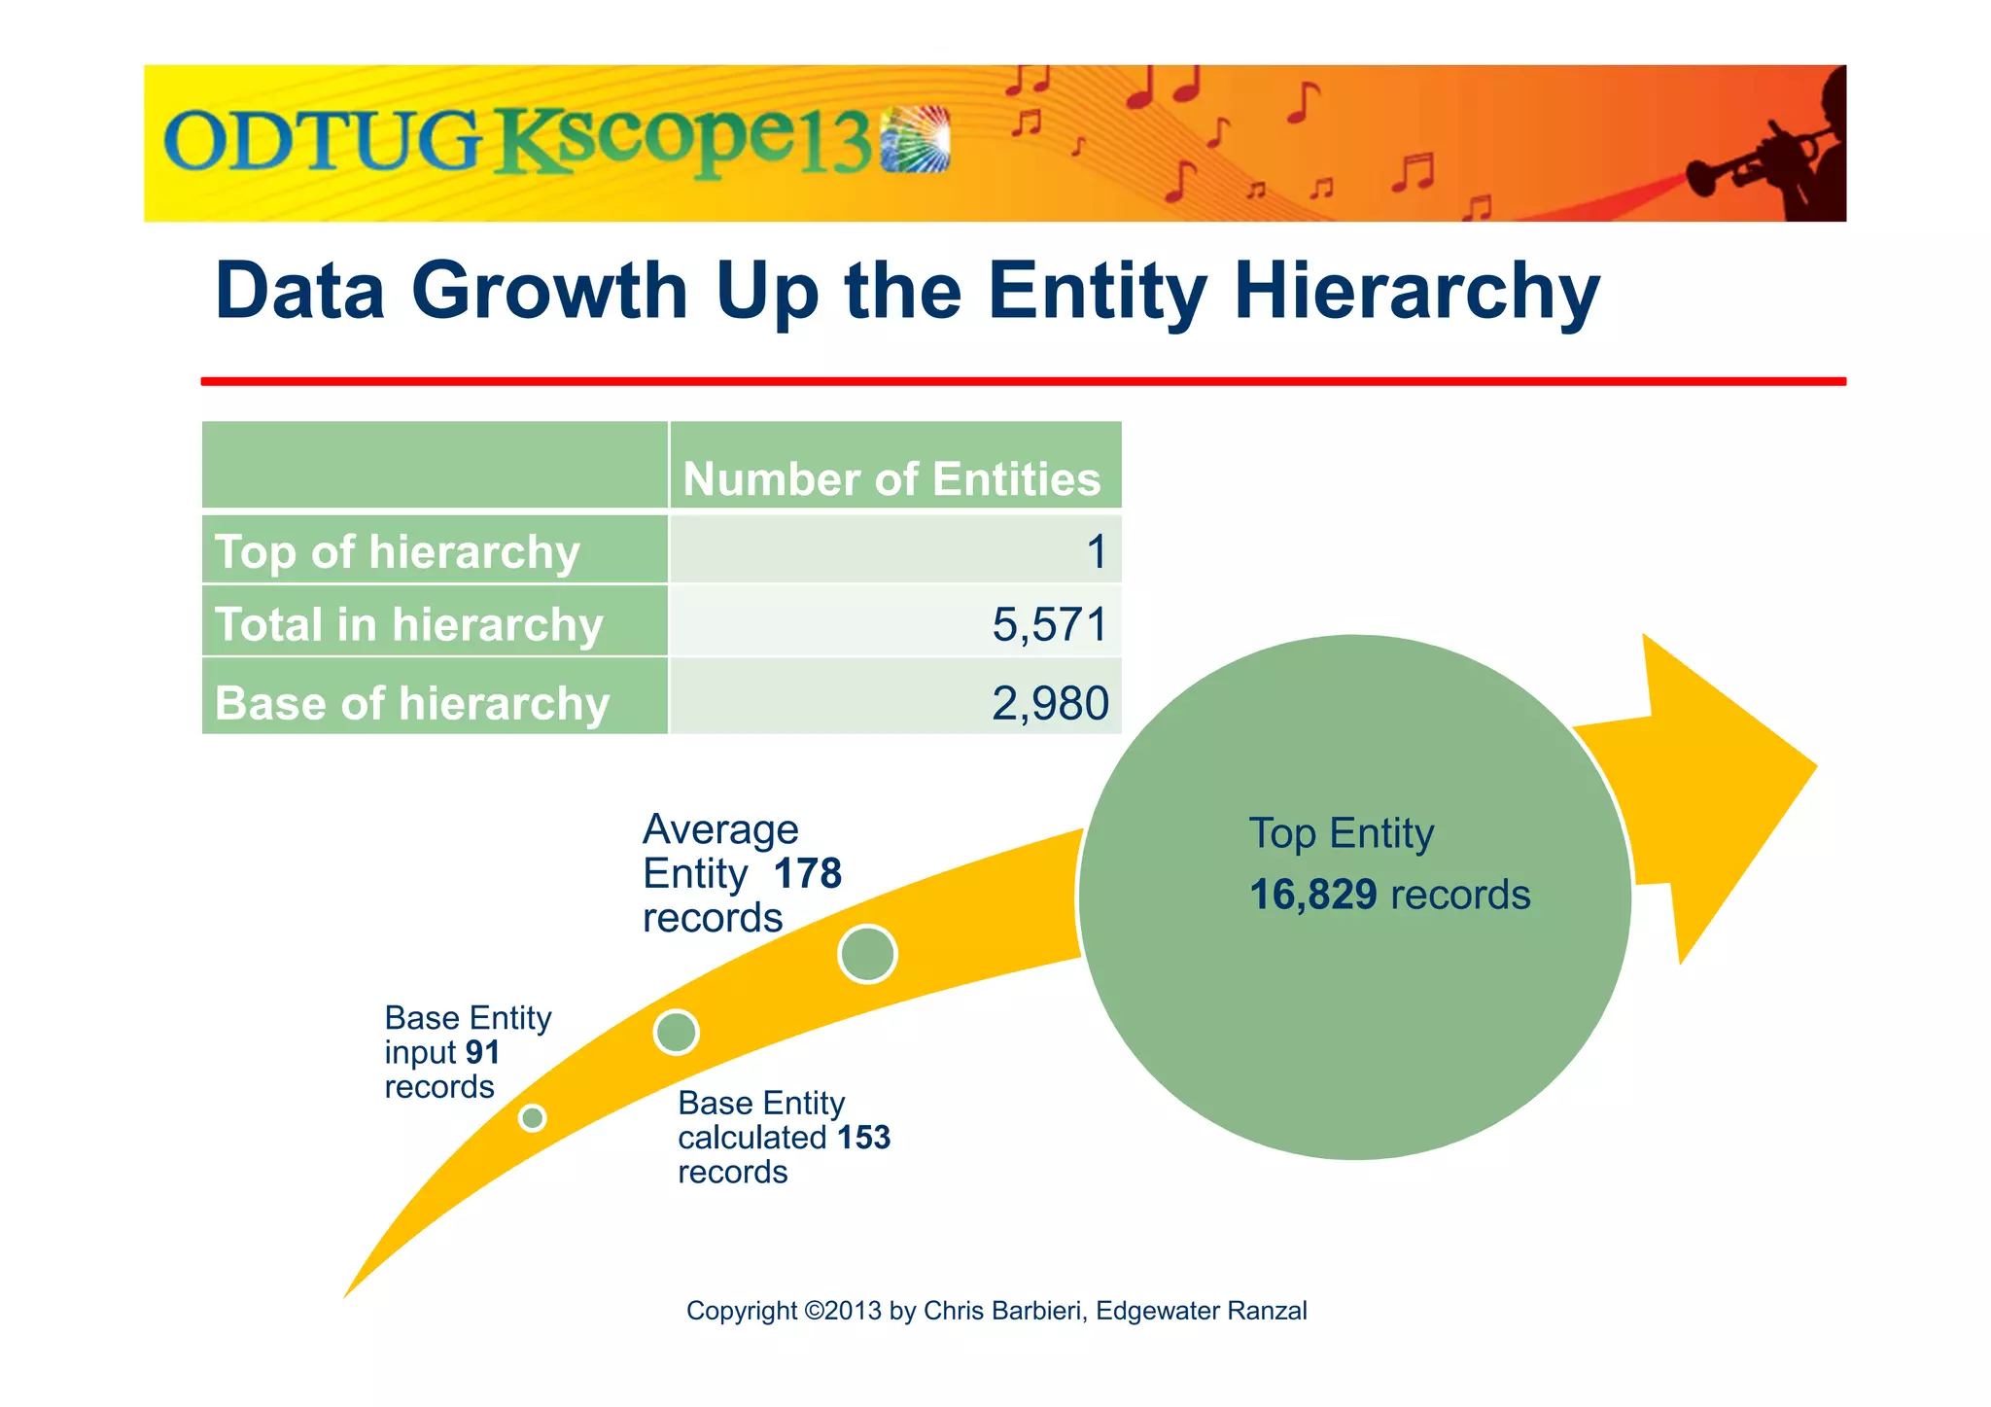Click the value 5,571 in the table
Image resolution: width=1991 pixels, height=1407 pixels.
click(1049, 624)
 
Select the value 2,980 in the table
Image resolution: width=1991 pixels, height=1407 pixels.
click(1049, 703)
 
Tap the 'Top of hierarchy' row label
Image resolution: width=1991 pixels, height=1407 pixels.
click(397, 552)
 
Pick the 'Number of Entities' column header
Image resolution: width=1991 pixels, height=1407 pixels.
click(891, 479)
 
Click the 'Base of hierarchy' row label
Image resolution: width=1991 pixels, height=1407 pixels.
click(411, 703)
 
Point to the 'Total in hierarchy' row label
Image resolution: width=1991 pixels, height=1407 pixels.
click(408, 624)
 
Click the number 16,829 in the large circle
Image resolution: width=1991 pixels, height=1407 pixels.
click(1312, 895)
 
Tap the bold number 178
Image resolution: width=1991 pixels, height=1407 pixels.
click(807, 873)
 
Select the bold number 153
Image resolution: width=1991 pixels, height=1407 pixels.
click(863, 1137)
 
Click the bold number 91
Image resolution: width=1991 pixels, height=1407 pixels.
click(482, 1052)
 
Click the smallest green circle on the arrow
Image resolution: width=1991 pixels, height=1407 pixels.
click(532, 1118)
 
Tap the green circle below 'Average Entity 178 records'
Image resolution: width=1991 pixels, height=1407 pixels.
click(867, 954)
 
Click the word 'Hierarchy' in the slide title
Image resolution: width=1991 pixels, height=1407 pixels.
click(1416, 291)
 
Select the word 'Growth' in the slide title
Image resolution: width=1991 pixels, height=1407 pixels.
click(549, 291)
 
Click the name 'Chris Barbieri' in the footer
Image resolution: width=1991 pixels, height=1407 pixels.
click(1002, 1311)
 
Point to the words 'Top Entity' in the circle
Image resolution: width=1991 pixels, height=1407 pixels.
click(1341, 833)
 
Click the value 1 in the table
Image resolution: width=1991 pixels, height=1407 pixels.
click(1096, 552)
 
